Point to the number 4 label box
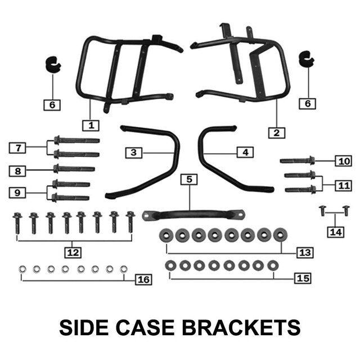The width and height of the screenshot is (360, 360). point(245,152)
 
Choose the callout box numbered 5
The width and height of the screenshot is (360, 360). point(189,179)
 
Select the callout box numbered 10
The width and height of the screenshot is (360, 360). point(342,161)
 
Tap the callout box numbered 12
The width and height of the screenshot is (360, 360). point(72,251)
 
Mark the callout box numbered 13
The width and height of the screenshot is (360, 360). point(305,253)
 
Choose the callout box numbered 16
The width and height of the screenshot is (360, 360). point(144,279)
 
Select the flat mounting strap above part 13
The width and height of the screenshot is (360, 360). point(193,215)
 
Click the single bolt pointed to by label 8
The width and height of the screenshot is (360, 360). point(73,169)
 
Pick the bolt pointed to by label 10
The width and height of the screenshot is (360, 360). point(297,160)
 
